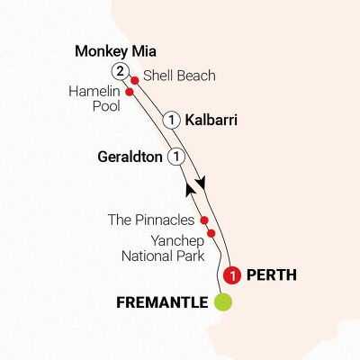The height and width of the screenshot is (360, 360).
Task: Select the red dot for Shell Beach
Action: (x=135, y=80)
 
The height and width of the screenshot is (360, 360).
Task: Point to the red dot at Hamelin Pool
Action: (x=130, y=91)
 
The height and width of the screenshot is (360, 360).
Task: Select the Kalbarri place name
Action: (x=212, y=119)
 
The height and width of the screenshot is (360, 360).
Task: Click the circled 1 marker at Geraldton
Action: (x=176, y=157)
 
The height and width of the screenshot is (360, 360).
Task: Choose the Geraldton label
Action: (x=130, y=157)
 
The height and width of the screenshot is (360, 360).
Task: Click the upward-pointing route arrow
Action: (x=189, y=187)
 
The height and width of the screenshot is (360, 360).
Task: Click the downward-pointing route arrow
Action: (x=202, y=181)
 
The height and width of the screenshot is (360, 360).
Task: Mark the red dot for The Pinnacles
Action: (x=204, y=220)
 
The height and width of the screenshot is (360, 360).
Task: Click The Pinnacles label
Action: (x=160, y=220)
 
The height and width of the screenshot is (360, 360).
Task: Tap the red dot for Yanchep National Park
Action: (x=211, y=234)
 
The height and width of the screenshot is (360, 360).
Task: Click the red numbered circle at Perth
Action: (x=233, y=274)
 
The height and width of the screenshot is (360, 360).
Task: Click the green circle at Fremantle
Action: (x=221, y=302)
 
